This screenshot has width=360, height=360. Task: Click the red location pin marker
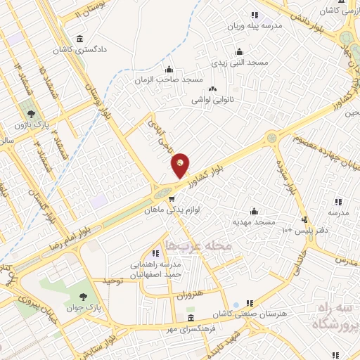pos(181,165)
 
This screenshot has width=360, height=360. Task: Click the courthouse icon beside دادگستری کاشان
pos(78,38)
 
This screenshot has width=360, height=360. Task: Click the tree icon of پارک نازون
pos(30,112)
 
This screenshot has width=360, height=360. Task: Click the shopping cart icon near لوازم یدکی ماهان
pos(170,198)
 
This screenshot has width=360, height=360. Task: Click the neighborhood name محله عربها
pos(186,245)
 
